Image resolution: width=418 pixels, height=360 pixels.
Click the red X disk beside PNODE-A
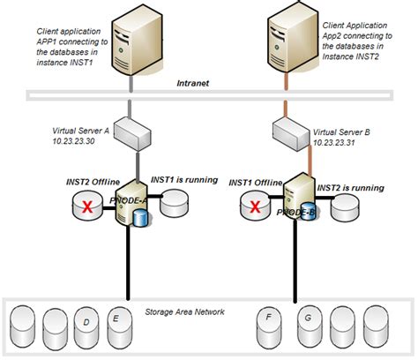(x=86, y=206)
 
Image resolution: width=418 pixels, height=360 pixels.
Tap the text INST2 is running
(x=349, y=188)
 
